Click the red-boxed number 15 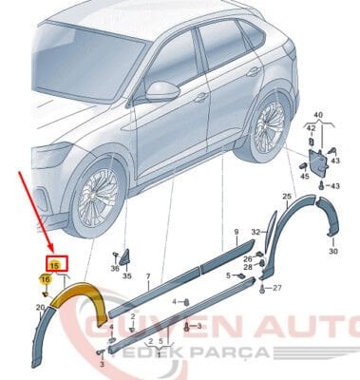click(54, 265)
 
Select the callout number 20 click(39, 308)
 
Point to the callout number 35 click(127, 275)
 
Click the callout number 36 click(115, 269)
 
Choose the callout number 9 click(237, 232)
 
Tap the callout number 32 click(255, 231)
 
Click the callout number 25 click(287, 197)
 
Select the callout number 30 click(333, 252)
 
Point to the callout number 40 click(318, 115)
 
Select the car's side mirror click(163, 91)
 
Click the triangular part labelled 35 click(125, 256)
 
